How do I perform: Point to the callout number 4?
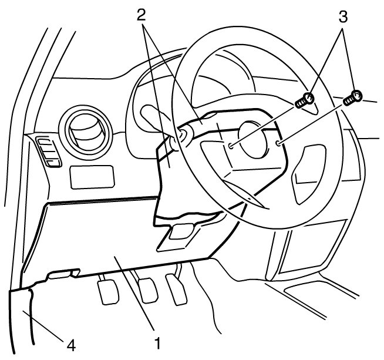pos(70,345)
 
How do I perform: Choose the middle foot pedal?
pos(146,287)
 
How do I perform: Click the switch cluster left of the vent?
pos(46,151)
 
